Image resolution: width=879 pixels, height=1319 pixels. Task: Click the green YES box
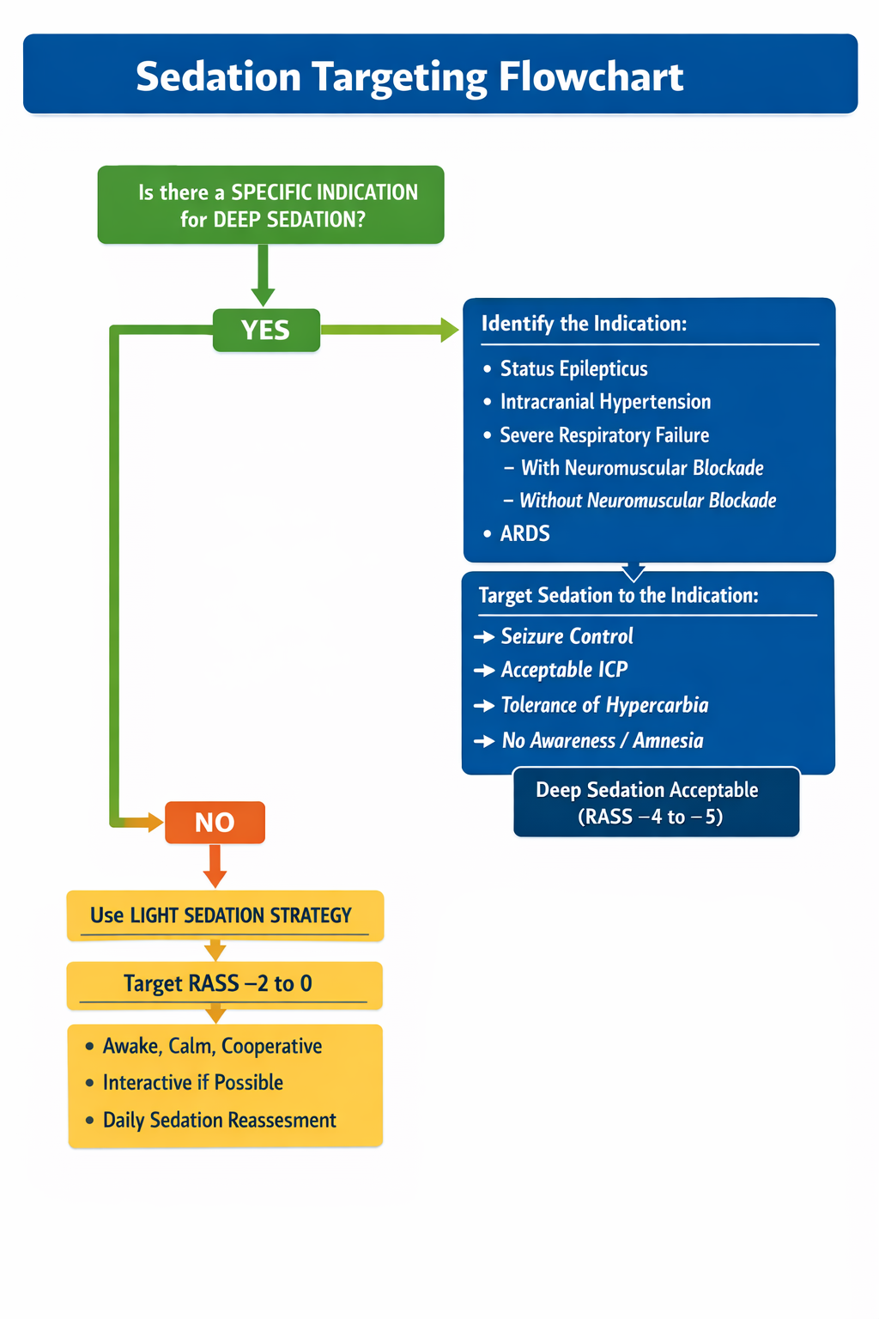(x=266, y=330)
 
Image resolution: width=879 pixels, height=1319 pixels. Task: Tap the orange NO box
(x=215, y=823)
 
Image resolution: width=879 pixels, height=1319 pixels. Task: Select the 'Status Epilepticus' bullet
(x=573, y=368)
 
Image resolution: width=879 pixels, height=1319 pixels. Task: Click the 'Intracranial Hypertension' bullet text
(x=605, y=402)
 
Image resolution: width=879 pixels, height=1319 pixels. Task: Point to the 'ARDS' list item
(x=524, y=533)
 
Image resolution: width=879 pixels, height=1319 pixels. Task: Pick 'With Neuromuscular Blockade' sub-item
(x=642, y=468)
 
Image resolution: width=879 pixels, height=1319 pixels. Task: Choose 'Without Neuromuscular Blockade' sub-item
(x=648, y=501)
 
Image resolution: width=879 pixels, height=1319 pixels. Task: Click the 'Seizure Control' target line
(x=567, y=636)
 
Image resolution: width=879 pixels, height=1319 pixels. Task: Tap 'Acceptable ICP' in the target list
(x=564, y=670)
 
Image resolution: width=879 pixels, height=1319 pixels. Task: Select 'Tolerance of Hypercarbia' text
(x=604, y=705)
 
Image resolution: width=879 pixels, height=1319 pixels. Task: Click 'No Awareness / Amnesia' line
(x=602, y=740)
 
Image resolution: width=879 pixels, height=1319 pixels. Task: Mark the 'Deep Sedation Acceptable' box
(x=656, y=802)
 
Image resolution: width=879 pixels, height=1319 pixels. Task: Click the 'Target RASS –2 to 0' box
(x=224, y=984)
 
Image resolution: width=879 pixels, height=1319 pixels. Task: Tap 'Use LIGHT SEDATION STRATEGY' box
(x=224, y=915)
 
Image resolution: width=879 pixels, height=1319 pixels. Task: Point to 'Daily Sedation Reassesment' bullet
(x=219, y=1120)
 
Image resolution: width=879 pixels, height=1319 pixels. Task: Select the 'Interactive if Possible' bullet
(x=192, y=1082)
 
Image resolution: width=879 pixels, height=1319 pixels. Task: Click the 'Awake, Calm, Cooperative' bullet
(x=212, y=1046)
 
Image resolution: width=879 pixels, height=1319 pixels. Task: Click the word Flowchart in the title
(x=591, y=76)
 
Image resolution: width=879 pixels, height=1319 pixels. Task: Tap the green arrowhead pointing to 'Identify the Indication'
(x=449, y=330)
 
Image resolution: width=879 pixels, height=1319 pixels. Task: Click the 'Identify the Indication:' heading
(x=584, y=324)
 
